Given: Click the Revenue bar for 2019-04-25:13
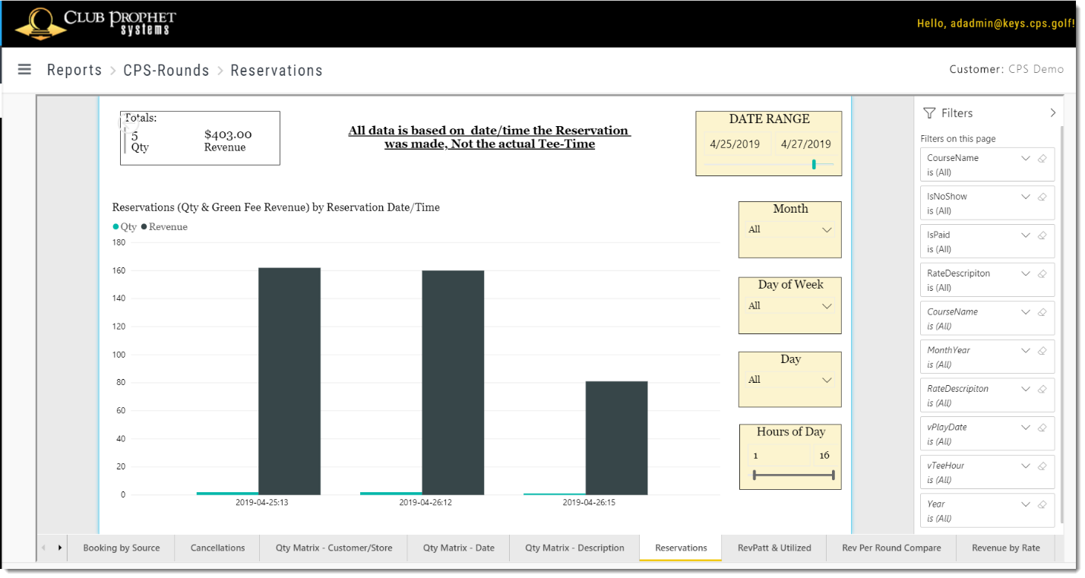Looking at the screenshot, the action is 289,381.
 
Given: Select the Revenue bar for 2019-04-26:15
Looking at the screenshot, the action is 616,437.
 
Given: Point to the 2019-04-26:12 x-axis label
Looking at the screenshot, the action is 425,503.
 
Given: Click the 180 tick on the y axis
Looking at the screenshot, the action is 119,242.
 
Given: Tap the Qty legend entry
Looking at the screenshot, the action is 125,226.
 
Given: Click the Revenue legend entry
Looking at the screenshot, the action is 164,226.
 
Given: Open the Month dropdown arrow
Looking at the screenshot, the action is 827,230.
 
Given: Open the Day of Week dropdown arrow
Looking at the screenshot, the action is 827,306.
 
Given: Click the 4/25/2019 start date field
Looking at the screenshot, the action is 735,144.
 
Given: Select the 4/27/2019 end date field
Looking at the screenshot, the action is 805,144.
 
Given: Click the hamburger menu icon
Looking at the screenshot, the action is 24,70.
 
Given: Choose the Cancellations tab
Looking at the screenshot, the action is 217,548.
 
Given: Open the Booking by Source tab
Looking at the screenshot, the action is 121,548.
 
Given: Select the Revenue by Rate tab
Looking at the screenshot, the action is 1005,548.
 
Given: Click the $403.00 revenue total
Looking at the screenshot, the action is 228,134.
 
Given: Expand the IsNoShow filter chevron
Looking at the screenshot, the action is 1026,197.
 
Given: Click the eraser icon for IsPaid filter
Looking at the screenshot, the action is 1042,235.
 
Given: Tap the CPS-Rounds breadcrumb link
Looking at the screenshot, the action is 166,70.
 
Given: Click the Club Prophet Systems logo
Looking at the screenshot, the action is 95,24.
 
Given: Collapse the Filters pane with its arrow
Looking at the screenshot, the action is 1052,113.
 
